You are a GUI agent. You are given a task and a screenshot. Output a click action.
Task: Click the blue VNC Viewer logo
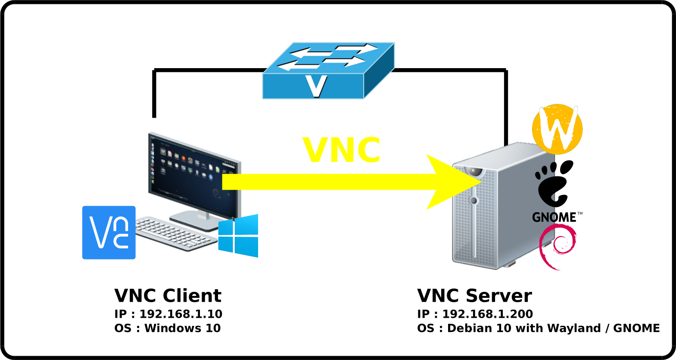pos(109,232)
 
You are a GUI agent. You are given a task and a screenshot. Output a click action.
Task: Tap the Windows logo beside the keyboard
pos(238,236)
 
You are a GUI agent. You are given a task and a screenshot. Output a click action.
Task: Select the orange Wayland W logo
pos(557,128)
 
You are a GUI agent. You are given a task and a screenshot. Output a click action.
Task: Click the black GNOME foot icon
pos(554,183)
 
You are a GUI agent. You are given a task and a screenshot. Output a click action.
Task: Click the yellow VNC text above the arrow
pos(342,150)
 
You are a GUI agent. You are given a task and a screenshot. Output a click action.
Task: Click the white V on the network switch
pos(316,86)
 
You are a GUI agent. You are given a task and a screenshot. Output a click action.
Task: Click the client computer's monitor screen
pos(194,177)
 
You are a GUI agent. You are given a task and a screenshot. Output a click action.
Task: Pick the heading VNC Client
pos(168,296)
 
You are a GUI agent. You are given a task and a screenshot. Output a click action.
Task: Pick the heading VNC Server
pos(474,296)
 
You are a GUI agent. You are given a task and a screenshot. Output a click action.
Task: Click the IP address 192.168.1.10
pos(181,314)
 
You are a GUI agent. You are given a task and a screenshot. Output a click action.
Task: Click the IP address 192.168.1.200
pos(487,314)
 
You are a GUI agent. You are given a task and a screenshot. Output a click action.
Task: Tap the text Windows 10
pos(183,328)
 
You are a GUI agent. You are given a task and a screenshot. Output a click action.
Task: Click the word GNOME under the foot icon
pos(554,217)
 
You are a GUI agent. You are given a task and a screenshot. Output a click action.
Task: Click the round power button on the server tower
pos(474,200)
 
